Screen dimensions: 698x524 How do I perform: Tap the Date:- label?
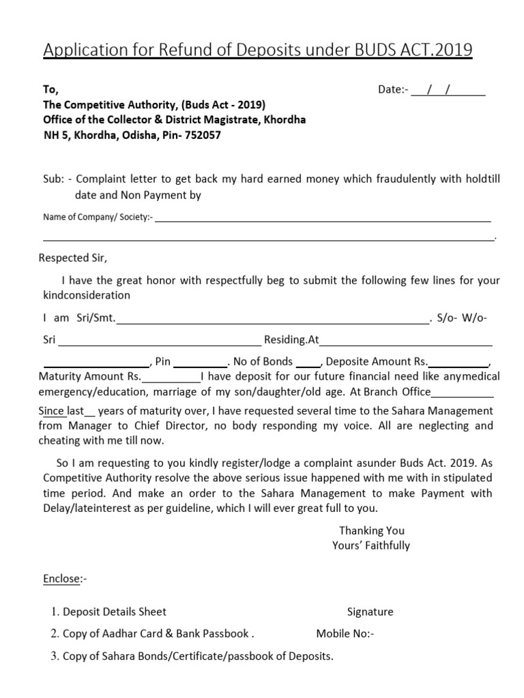point(393,91)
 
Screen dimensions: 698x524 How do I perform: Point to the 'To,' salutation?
point(51,91)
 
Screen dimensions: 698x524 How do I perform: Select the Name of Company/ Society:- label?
point(98,217)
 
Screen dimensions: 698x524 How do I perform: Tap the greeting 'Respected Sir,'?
point(73,258)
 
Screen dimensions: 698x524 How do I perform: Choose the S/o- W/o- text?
point(462,318)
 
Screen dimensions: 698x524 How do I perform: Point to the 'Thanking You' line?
point(371,530)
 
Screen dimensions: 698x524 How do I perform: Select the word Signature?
point(370,611)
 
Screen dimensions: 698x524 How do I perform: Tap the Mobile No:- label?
point(345,633)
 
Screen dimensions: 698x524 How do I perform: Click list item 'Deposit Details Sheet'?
point(115,611)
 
